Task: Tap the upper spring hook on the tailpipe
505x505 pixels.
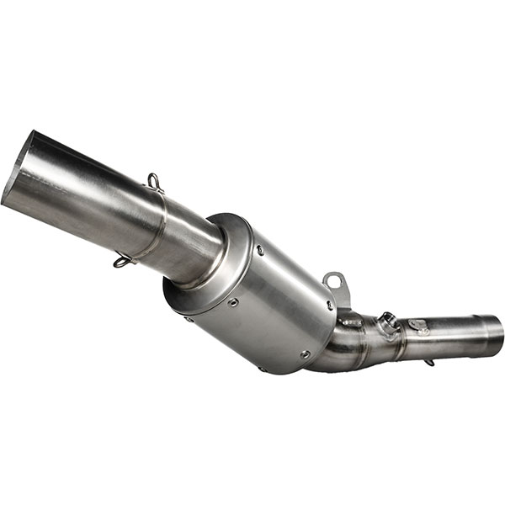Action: point(155,182)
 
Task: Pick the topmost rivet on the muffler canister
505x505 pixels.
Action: point(260,250)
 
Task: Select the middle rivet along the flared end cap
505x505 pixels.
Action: point(231,301)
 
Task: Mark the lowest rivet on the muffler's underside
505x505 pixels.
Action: point(304,354)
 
